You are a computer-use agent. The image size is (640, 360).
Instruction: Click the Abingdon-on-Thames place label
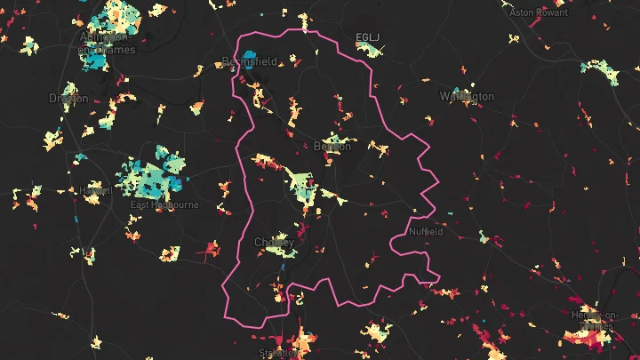point(108,44)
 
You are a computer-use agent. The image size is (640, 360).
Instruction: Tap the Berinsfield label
point(250,62)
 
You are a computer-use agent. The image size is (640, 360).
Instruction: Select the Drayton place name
point(68,99)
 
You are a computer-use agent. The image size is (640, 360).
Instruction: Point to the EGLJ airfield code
point(366,37)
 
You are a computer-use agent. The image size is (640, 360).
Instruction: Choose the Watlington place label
point(467,96)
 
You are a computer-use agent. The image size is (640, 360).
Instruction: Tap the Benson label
point(332,147)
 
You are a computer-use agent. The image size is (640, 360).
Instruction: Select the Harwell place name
point(94,190)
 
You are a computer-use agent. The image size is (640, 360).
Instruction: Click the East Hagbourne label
point(164,205)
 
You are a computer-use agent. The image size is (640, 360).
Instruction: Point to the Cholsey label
point(274,242)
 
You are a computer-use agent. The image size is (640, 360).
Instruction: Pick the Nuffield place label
point(426,232)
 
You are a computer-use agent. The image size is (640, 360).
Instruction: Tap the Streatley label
point(276,353)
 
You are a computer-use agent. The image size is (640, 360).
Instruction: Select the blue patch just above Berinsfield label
point(248,53)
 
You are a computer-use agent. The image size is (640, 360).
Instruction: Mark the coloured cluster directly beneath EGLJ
point(369,50)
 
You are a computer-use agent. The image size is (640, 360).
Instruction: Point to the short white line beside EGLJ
point(383,36)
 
